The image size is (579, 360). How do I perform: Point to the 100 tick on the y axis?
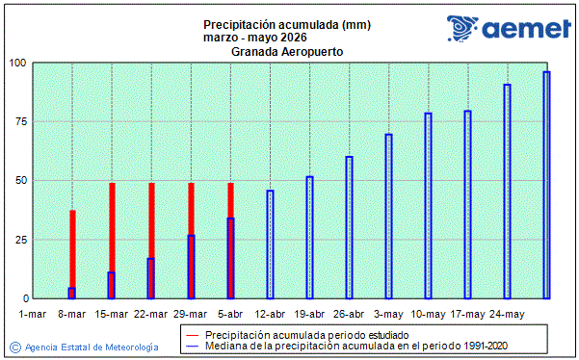pos(18,64)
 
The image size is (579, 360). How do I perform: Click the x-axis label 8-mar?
pos(72,314)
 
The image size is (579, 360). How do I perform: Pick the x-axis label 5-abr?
pos(230,314)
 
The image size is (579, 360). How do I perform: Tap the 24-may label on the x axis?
pos(507,314)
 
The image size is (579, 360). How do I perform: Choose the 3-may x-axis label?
pos(388,314)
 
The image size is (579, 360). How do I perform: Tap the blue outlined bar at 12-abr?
pos(270,244)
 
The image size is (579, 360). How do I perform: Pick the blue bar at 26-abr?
pos(349,227)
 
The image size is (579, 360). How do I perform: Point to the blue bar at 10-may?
pos(428,206)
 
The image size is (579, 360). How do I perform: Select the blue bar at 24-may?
pos(507,192)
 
